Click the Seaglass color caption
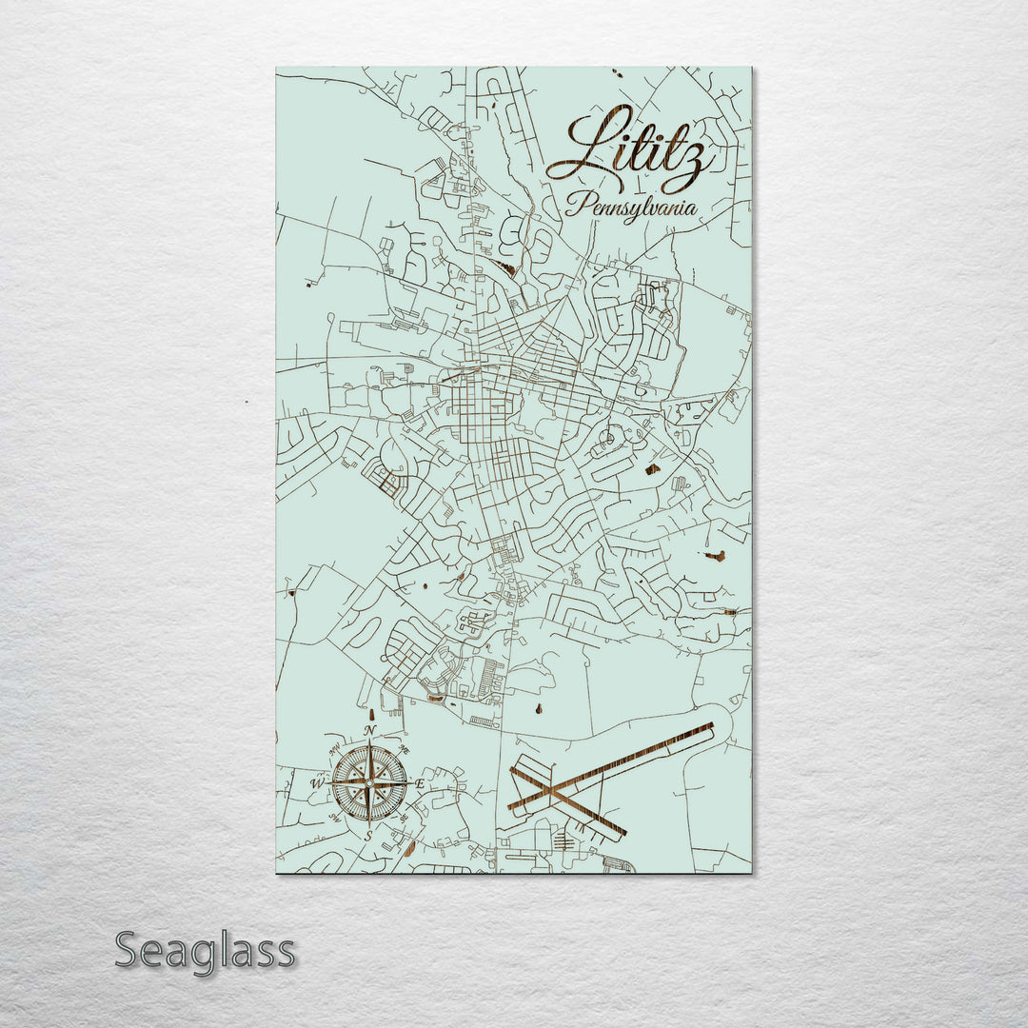pyautogui.click(x=205, y=950)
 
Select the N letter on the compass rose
pyautogui.click(x=369, y=731)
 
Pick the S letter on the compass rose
pyautogui.click(x=369, y=835)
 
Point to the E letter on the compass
pyautogui.click(x=420, y=783)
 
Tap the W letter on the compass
pyautogui.click(x=318, y=783)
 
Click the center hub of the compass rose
pyautogui.click(x=369, y=782)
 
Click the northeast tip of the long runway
pyautogui.click(x=711, y=727)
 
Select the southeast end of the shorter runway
pyautogui.click(x=624, y=836)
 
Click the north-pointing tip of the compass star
pyautogui.click(x=369, y=743)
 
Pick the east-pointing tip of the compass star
pyautogui.click(x=409, y=782)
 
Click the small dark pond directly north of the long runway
pyautogui.click(x=540, y=707)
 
